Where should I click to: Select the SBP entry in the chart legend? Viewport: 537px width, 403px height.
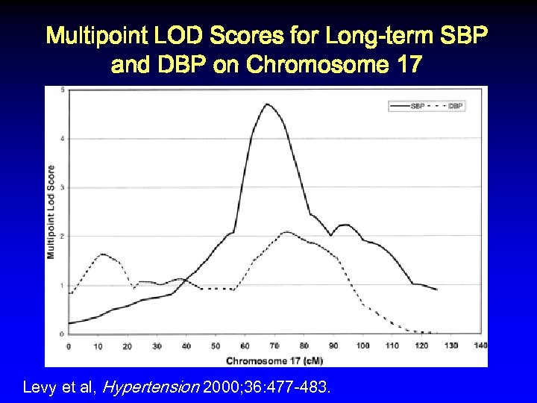point(418,106)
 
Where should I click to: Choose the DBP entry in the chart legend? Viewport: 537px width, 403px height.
point(456,106)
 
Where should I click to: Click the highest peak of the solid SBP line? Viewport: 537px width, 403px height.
point(266,104)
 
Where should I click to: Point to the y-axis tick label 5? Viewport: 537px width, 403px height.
point(62,90)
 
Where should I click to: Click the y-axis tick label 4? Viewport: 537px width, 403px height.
point(62,139)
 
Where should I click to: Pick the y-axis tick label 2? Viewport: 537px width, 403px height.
point(62,236)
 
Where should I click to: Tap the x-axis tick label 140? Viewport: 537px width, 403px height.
point(480,346)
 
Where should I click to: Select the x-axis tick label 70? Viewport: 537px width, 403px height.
point(274,346)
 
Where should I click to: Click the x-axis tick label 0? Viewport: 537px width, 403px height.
point(69,346)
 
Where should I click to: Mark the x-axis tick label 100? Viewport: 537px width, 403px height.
point(362,346)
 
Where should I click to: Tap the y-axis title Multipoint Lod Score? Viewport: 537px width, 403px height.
point(51,211)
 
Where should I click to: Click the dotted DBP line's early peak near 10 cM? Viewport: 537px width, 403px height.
point(102,254)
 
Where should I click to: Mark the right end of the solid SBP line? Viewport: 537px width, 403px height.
point(437,290)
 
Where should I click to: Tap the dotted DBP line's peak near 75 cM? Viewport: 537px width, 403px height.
point(286,232)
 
